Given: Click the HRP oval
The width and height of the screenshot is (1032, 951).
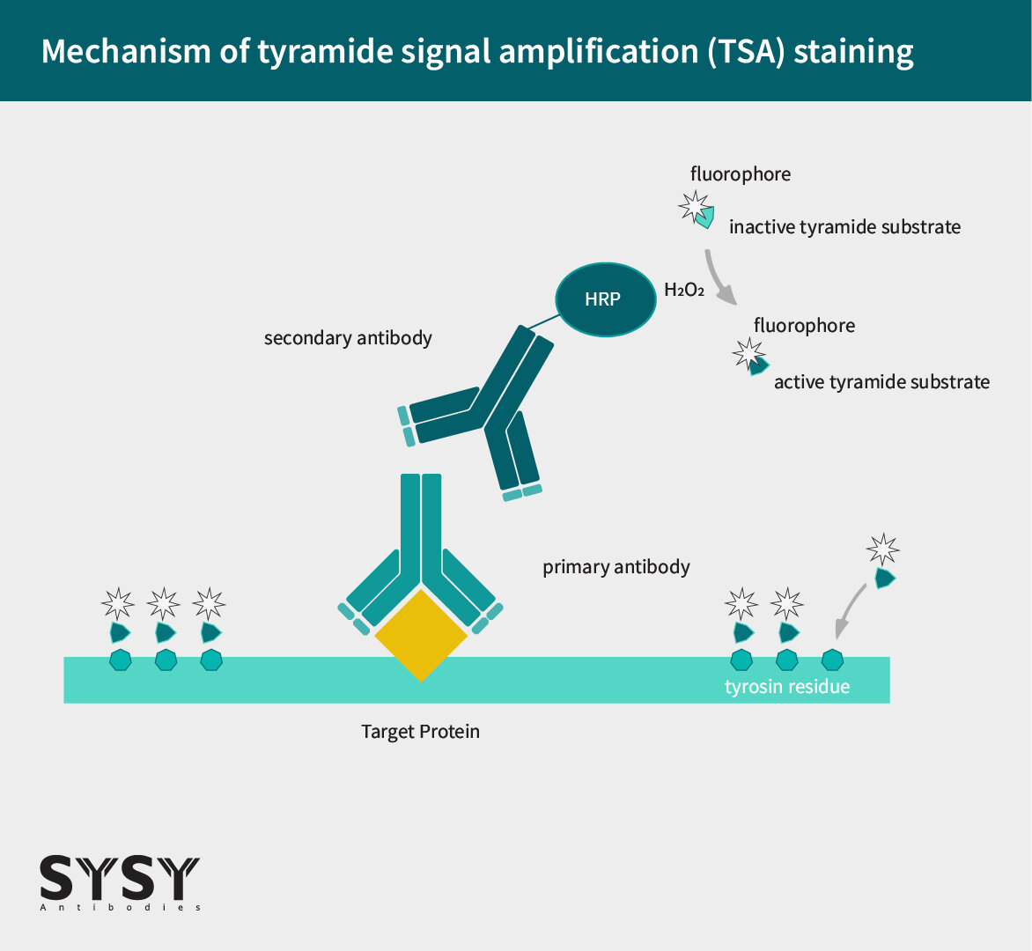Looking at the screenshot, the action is click(606, 299).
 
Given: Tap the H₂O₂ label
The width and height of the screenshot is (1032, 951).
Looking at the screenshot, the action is click(684, 290).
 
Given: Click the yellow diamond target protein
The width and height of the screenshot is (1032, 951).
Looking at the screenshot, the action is click(421, 635).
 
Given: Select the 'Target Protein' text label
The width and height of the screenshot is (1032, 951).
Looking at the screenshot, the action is click(421, 731).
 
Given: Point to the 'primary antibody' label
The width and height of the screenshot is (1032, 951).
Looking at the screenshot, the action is click(616, 567).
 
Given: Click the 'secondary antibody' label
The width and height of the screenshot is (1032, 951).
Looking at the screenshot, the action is click(348, 337).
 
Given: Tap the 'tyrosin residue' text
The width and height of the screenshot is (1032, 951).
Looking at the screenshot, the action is click(787, 687).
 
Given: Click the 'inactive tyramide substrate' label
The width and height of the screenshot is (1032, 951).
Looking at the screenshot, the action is click(845, 227).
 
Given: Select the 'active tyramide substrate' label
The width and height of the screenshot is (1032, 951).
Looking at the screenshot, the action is click(882, 381).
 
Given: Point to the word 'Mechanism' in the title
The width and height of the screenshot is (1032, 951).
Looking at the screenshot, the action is click(126, 51).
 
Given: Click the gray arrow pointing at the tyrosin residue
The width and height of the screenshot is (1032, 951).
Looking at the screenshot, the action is click(848, 608).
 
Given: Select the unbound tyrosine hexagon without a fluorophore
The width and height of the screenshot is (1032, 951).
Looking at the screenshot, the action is click(833, 660).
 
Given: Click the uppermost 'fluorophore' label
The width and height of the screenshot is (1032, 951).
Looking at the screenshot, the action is click(741, 173).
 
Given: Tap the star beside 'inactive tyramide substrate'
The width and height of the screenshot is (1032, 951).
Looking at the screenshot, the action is click(695, 206).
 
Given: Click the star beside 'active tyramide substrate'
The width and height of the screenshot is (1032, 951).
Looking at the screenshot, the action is click(748, 354).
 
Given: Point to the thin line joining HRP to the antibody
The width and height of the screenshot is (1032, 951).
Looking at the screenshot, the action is click(543, 321).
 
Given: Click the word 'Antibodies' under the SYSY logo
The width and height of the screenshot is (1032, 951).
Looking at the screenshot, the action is click(120, 908).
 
